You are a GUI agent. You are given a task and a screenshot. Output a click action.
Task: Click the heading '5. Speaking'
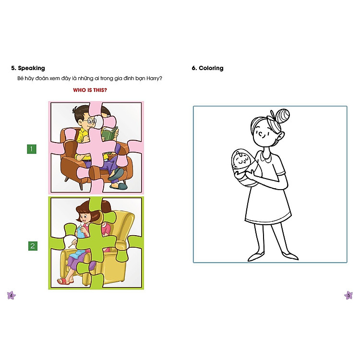pos(28,68)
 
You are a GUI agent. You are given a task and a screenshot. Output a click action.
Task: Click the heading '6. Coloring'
pos(207,68)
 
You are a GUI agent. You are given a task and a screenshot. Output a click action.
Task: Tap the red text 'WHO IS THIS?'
pos(90,90)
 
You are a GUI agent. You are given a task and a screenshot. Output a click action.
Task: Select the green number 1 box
pos(32,149)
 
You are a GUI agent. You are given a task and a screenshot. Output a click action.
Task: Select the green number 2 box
pos(32,246)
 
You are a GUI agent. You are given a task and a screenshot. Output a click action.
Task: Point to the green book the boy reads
pos(109,133)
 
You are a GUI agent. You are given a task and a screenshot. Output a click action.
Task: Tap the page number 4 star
pos(11,295)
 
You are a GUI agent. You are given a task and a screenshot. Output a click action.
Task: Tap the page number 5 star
pos(349,295)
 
